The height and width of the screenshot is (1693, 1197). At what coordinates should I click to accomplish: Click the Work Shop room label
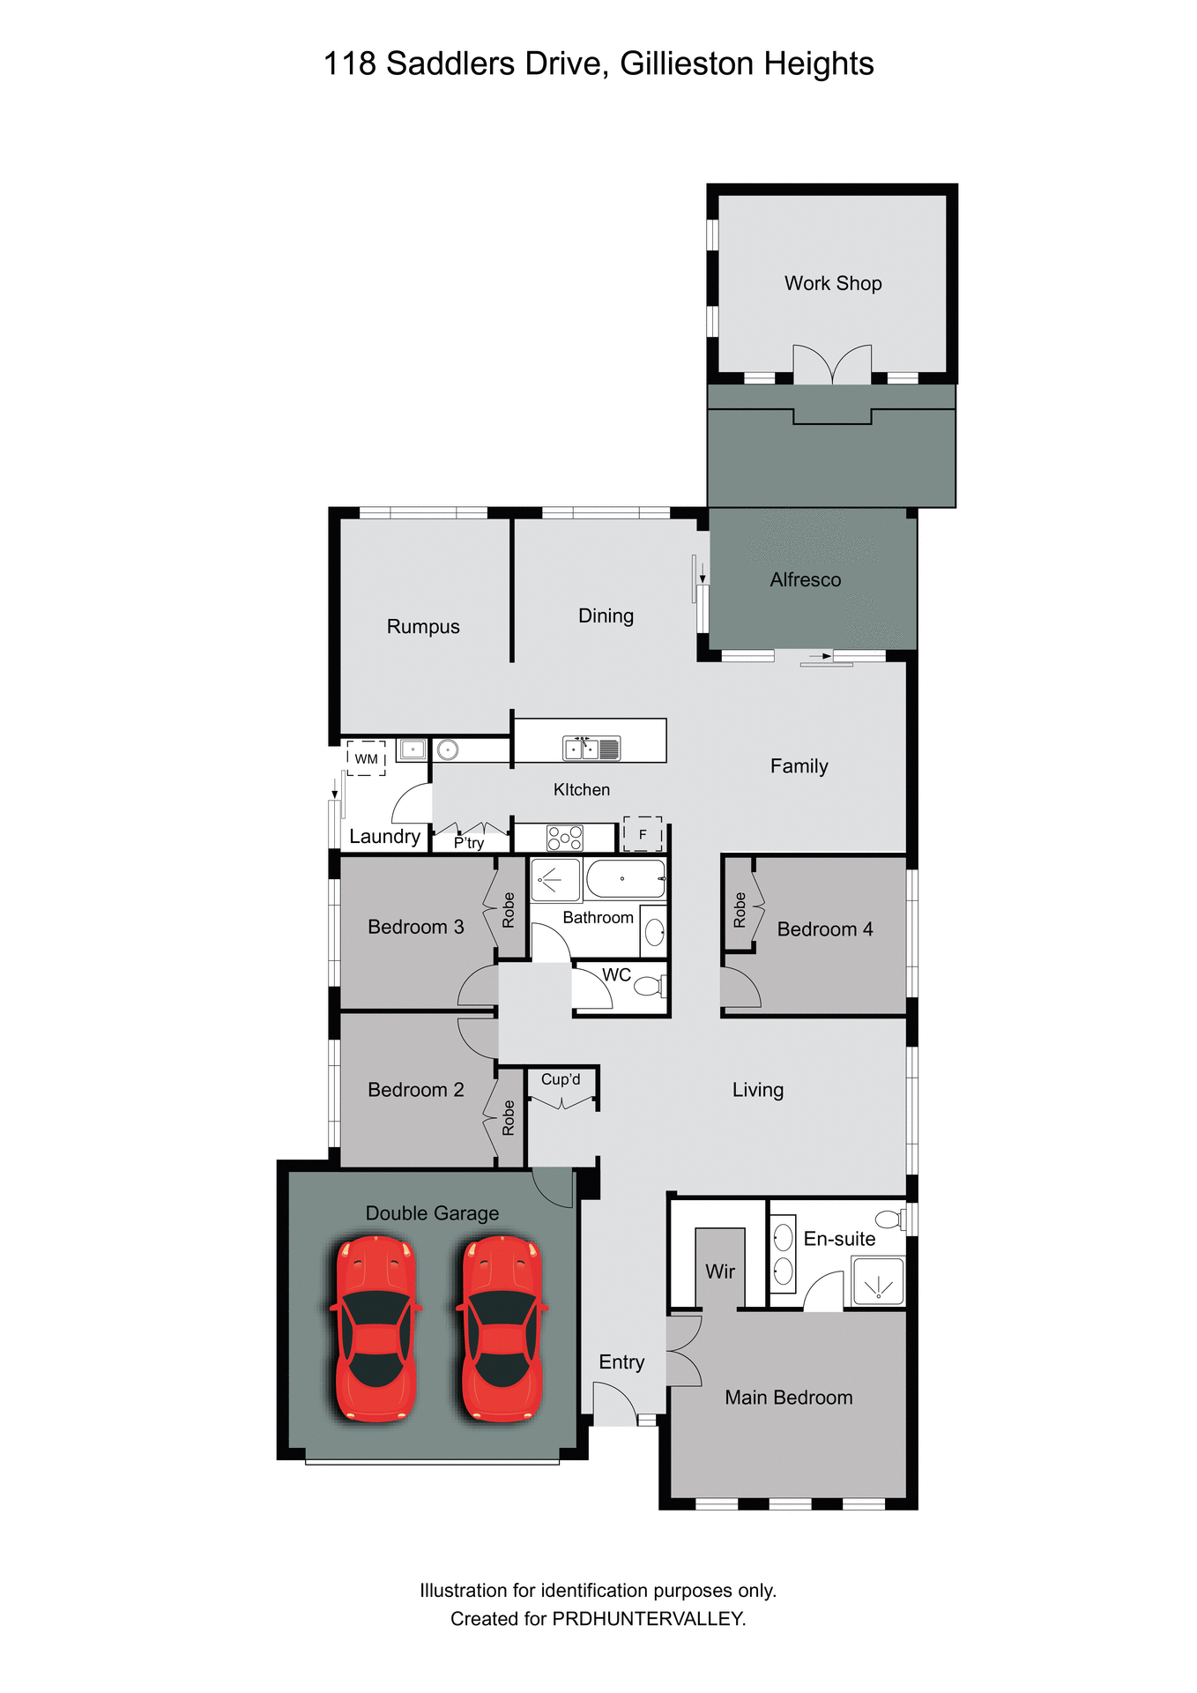coord(833,283)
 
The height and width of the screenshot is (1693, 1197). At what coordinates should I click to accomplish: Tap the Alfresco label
coord(805,579)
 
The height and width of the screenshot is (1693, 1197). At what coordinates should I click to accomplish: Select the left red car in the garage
coord(375,1328)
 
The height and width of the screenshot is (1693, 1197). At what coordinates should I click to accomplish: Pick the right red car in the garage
coord(502,1328)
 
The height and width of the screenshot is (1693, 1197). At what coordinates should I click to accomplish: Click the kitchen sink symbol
coord(591,749)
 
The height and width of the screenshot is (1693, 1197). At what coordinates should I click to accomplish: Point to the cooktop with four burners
coord(564,837)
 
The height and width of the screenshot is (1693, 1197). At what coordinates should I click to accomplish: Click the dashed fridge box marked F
coord(643,834)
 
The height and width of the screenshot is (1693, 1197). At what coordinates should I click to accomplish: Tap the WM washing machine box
coord(366,758)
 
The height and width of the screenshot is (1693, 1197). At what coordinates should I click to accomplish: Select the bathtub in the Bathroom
coord(625,879)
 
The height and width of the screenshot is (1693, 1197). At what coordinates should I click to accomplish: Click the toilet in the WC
coord(649,985)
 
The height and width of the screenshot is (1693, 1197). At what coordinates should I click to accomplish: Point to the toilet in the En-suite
coord(888,1219)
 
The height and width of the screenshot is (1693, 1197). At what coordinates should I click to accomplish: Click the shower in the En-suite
coord(878,1281)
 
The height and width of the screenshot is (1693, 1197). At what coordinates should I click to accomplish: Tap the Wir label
coord(719,1271)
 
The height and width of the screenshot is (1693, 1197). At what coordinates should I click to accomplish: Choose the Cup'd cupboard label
coord(561,1079)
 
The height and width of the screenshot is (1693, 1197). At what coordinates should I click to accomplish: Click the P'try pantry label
coord(469,843)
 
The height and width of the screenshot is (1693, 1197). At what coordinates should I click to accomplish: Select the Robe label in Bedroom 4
coord(740,909)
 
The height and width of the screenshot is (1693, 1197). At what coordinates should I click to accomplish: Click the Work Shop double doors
coord(832,364)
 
